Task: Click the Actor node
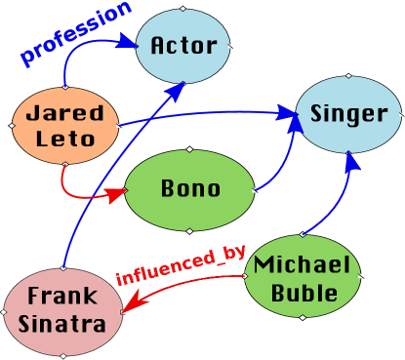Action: (x=183, y=46)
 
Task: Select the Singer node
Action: (x=348, y=114)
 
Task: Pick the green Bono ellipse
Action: (x=190, y=189)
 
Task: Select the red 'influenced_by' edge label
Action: (x=182, y=264)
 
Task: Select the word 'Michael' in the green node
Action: (x=302, y=265)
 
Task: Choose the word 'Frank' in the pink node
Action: (x=64, y=296)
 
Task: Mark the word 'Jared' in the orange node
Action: (x=64, y=112)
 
